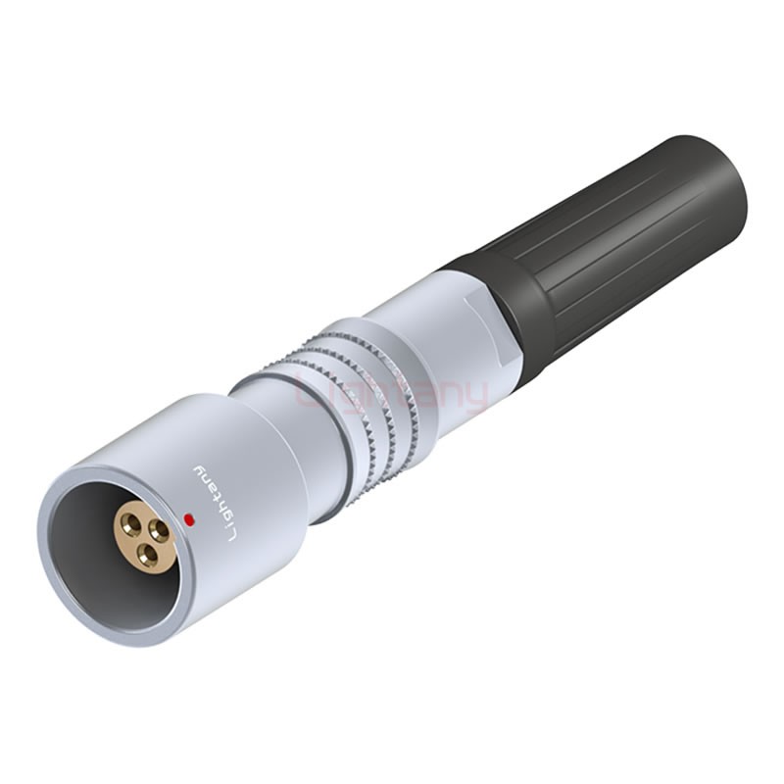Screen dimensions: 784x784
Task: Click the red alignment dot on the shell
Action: (x=187, y=518)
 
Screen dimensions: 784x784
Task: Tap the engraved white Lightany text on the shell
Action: (x=213, y=501)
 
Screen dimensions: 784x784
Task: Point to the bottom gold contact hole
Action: (x=147, y=556)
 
